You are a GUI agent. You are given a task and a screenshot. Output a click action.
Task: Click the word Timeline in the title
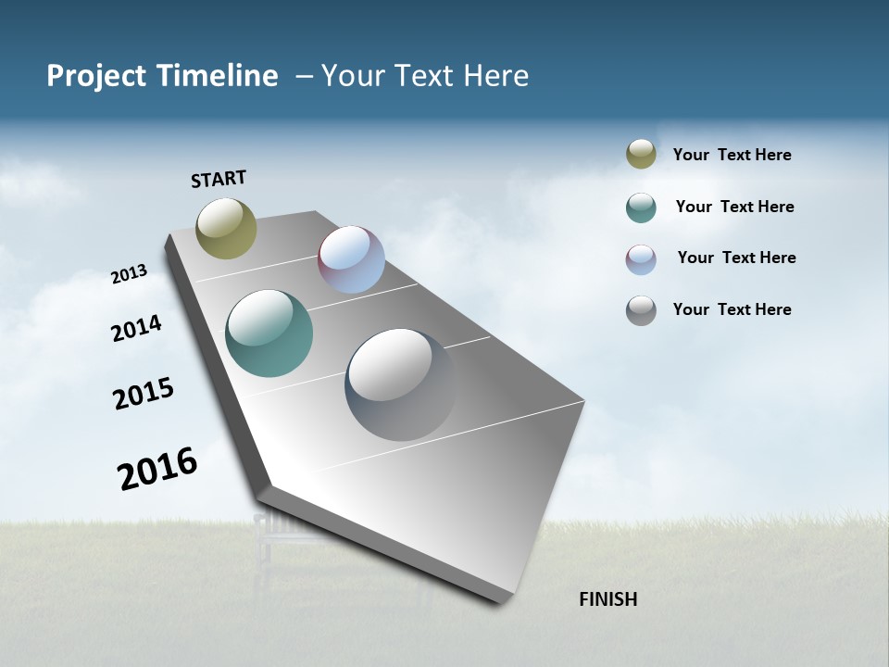(x=219, y=76)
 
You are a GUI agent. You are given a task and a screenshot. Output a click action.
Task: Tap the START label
(x=219, y=179)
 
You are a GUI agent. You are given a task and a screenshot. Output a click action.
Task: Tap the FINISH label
(x=607, y=599)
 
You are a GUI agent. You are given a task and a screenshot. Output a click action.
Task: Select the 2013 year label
(x=129, y=274)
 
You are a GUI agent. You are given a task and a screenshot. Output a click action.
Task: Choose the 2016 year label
(x=157, y=468)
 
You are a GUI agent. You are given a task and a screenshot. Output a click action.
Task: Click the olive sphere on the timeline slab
(x=226, y=228)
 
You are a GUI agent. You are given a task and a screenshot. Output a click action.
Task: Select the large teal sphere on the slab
(x=269, y=333)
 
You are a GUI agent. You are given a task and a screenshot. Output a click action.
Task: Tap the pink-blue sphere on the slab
(x=351, y=259)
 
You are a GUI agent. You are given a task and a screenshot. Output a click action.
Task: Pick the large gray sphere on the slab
(x=400, y=384)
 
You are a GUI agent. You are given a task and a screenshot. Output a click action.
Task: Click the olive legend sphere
(x=641, y=155)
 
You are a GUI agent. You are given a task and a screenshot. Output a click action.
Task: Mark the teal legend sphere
(x=641, y=208)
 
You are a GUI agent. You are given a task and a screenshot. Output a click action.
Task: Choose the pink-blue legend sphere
(x=641, y=259)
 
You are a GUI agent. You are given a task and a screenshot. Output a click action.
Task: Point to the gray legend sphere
(x=641, y=310)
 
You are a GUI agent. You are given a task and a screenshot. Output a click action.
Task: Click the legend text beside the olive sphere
(x=732, y=155)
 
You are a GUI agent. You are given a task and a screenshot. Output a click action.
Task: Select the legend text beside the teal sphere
(x=734, y=207)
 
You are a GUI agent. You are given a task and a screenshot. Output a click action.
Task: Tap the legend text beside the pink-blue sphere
(x=736, y=258)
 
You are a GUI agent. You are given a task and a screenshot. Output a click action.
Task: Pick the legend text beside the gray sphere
(x=732, y=309)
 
